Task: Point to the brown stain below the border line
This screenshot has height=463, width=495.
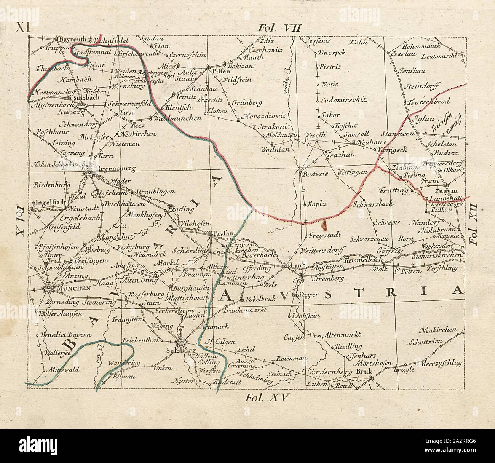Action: [325, 225]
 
